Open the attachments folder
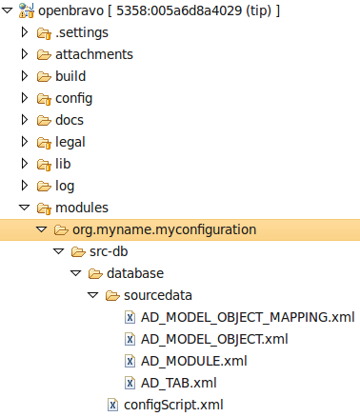pos(93,55)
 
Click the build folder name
pos(70,76)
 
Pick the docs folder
pos(70,120)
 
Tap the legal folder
pos(71,142)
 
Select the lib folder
pos(64,164)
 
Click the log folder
pos(65,186)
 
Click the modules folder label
pos(81,208)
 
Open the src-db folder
pos(110,251)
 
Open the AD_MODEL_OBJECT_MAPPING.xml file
pos(247,317)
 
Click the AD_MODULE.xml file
pos(193,361)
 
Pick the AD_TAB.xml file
pos(178,383)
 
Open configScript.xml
pos(172,405)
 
